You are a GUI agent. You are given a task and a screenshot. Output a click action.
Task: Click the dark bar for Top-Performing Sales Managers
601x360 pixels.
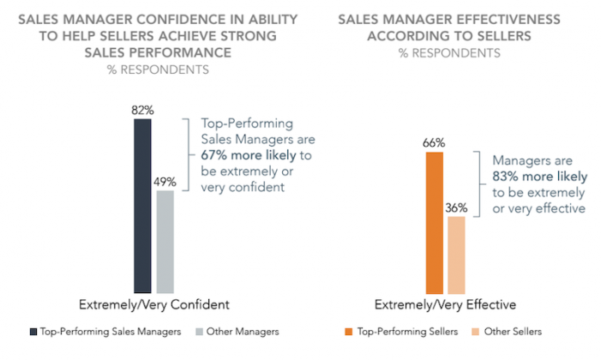pos(142,206)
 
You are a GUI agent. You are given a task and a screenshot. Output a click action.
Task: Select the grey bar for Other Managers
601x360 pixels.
pos(165,242)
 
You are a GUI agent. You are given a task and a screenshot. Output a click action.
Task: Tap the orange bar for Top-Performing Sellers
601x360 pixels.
pos(435,223)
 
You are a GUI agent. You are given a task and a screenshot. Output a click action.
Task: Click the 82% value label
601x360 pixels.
pos(142,111)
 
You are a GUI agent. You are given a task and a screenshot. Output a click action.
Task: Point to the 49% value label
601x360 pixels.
pos(165,182)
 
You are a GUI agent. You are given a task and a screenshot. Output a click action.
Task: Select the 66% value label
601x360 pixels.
pos(435,143)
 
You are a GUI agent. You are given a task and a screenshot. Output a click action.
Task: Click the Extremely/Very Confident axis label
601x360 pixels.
pos(154,304)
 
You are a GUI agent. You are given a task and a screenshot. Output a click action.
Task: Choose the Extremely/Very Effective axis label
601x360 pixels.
pos(446,304)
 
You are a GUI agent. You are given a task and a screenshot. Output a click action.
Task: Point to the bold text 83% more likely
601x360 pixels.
pos(538,177)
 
